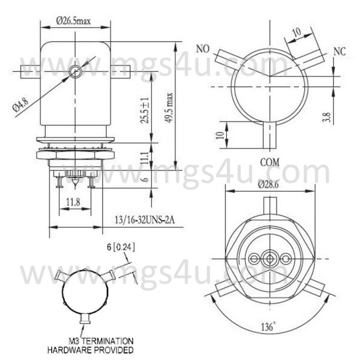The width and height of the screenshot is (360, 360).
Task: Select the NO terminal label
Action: point(203,48)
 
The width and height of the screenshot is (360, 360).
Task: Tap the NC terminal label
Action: point(339,52)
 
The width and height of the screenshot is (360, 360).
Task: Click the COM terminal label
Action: point(270,163)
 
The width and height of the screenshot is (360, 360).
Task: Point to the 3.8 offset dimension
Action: point(326,117)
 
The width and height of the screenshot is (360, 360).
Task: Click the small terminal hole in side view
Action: point(74,72)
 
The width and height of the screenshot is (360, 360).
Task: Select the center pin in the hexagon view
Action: point(270,259)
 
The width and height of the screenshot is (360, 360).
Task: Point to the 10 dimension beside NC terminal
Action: point(296,32)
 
